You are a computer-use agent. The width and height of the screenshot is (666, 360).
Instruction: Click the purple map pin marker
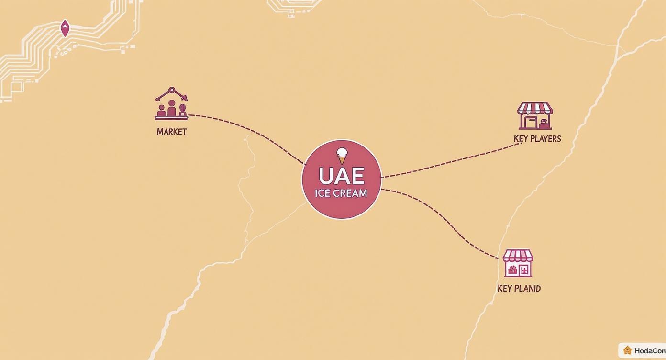(65, 28)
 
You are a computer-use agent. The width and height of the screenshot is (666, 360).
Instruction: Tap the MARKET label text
(171, 132)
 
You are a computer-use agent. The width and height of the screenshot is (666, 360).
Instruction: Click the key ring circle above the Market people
(171, 90)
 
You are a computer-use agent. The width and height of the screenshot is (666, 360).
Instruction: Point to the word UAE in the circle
(341, 176)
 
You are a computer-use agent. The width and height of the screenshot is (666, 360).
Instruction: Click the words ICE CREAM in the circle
(341, 193)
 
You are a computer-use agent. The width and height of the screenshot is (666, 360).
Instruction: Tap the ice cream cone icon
(342, 156)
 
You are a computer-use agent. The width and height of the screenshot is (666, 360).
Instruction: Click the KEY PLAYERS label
(537, 139)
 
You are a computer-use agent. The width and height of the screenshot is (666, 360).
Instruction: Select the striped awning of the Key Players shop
(535, 108)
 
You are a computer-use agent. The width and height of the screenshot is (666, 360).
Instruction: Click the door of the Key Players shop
(530, 122)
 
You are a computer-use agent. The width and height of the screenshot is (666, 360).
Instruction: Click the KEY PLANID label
(519, 289)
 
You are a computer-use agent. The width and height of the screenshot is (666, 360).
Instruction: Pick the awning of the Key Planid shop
(518, 256)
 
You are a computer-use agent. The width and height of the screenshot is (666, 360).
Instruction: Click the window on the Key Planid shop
(525, 270)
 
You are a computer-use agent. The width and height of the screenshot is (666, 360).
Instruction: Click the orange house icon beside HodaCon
(627, 350)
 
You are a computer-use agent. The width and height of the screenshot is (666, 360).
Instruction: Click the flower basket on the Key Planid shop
(512, 270)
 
